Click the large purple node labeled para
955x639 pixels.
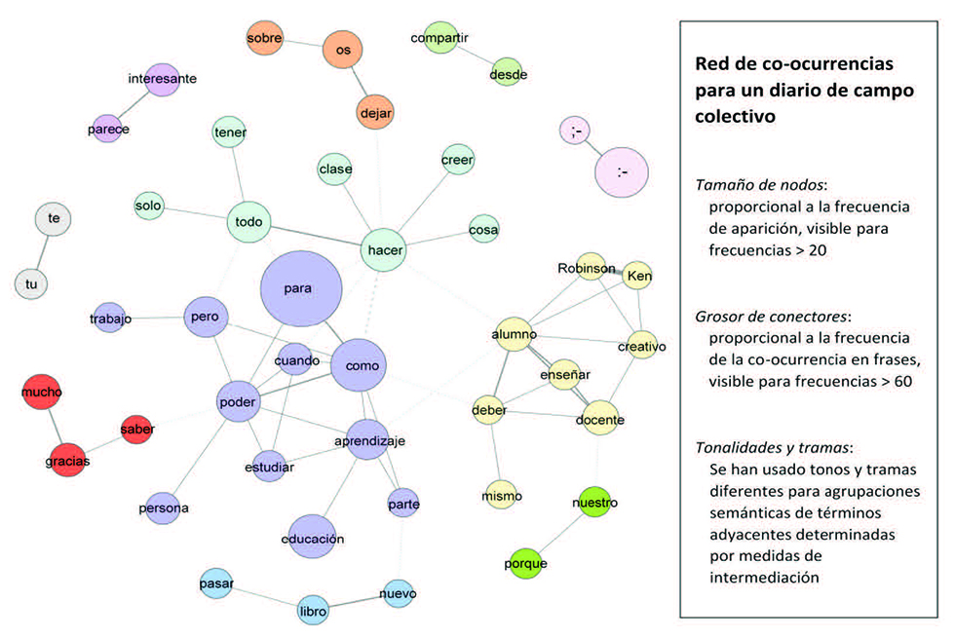click(301, 289)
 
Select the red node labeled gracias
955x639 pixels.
click(67, 460)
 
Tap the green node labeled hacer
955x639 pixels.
click(385, 250)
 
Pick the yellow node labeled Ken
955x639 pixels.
click(638, 277)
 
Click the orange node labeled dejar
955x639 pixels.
click(375, 113)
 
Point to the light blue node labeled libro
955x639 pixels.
click(312, 611)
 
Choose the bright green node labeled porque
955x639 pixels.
click(525, 563)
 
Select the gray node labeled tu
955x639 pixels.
click(31, 283)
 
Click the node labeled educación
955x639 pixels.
click(313, 538)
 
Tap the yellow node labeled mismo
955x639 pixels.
click(502, 496)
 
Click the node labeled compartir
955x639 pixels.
click(440, 38)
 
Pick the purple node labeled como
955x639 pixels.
click(361, 365)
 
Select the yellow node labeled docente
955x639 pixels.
click(599, 420)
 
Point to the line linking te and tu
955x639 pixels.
click(43, 251)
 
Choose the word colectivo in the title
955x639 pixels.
click(734, 116)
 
